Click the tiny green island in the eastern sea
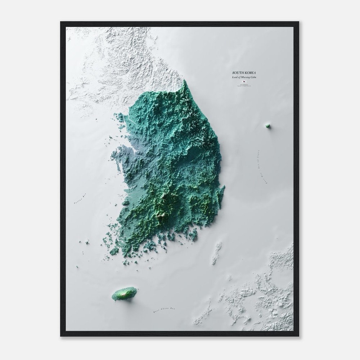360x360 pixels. (x=267, y=126)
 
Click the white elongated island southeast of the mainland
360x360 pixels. (x=217, y=253)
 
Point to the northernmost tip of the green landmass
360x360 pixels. (x=184, y=80)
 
